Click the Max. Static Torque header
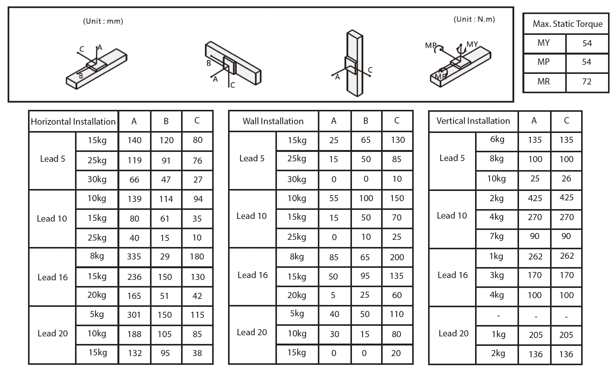[567, 24]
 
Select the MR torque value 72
[586, 81]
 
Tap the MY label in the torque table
[543, 43]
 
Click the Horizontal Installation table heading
[73, 122]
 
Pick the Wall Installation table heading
[273, 121]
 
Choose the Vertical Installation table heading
[473, 121]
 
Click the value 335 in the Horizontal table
[134, 257]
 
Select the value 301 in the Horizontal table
[134, 315]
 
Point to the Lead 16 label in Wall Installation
[252, 275]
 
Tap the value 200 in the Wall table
[397, 257]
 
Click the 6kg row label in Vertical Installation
[497, 139]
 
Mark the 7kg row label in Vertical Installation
[496, 236]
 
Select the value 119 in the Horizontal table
[134, 160]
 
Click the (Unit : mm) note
[103, 21]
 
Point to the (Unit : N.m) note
[474, 19]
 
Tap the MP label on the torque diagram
[431, 45]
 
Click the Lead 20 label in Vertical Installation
[453, 334]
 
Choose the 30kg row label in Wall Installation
[297, 179]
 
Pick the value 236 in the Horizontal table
[134, 277]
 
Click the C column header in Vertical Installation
[566, 121]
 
